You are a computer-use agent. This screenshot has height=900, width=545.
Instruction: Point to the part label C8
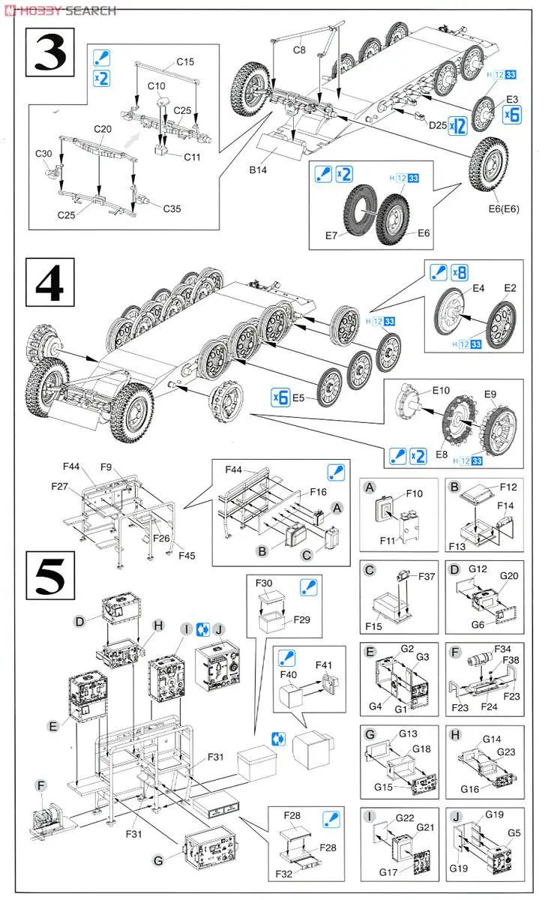[x=300, y=50]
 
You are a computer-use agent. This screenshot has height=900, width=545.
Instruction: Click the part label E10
[x=441, y=391]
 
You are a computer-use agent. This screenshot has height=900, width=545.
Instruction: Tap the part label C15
[x=185, y=61]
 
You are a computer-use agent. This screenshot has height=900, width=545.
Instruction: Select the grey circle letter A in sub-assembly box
[x=369, y=487]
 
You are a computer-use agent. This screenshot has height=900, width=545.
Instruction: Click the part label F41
[x=324, y=664]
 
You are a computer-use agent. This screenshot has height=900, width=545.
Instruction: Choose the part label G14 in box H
[x=491, y=739]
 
